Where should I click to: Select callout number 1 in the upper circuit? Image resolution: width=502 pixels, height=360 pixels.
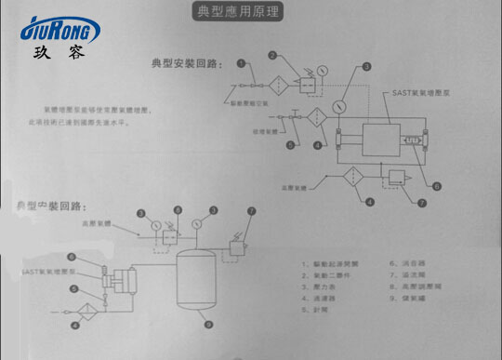pyautogui.click(x=240, y=64)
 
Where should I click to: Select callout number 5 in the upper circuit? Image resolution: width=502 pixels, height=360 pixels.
pyautogui.click(x=291, y=146)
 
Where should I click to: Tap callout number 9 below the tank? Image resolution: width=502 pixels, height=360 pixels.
pyautogui.click(x=207, y=325)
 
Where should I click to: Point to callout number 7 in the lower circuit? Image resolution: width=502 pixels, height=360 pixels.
pyautogui.click(x=250, y=211)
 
